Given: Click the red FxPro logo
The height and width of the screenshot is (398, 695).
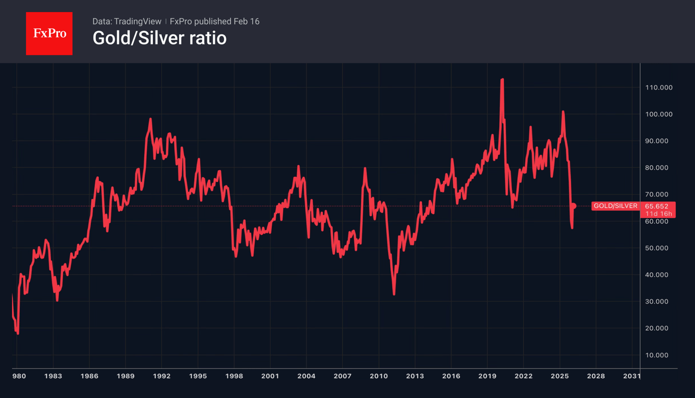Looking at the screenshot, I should click(49, 33).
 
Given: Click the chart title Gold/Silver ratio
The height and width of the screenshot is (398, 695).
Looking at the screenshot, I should click(159, 38).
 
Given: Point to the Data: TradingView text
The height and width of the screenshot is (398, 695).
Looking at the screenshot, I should click(127, 21).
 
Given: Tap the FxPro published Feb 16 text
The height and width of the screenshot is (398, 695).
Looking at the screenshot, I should click(214, 21).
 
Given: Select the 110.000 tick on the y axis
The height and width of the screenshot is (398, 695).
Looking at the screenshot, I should click(659, 87).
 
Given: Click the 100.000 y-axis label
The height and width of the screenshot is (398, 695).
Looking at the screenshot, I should click(659, 114).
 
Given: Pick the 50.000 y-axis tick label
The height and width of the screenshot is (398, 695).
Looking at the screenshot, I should click(659, 248).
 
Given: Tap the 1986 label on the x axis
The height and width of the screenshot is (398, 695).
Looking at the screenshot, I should click(89, 376).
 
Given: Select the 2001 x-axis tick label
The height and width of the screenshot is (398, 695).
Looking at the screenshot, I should click(270, 376).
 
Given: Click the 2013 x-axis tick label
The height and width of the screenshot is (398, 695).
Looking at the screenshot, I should click(415, 376).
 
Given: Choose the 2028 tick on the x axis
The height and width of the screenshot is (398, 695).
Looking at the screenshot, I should click(596, 376).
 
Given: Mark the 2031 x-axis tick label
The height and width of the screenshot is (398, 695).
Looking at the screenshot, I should click(631, 376).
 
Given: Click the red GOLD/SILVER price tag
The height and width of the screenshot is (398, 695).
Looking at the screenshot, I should click(615, 206).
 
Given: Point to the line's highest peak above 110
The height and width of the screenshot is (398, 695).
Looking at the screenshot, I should click(502, 79).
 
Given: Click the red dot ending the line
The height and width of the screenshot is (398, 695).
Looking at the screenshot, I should click(573, 206).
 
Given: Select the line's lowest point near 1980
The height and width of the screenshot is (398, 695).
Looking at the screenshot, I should click(18, 333).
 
